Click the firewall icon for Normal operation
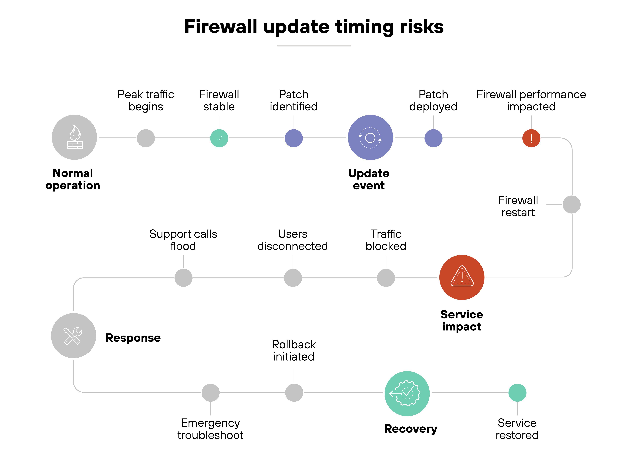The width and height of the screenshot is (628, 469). [x=74, y=137]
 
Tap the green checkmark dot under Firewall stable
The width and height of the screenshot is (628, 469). [x=219, y=138]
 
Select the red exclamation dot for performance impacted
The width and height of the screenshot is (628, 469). [x=531, y=138]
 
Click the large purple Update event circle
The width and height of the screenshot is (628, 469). [x=370, y=137]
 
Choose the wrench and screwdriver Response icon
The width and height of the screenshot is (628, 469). [x=73, y=336]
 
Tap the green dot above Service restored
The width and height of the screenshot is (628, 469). [x=517, y=393]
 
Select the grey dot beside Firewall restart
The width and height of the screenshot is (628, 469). [x=571, y=204]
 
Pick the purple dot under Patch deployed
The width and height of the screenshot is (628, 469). [x=433, y=138]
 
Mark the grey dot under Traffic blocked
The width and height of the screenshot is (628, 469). [x=386, y=278]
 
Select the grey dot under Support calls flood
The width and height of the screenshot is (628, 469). [x=183, y=278]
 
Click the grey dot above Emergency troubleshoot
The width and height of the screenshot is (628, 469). [x=210, y=393]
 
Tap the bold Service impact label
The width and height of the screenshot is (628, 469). [x=462, y=320]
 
